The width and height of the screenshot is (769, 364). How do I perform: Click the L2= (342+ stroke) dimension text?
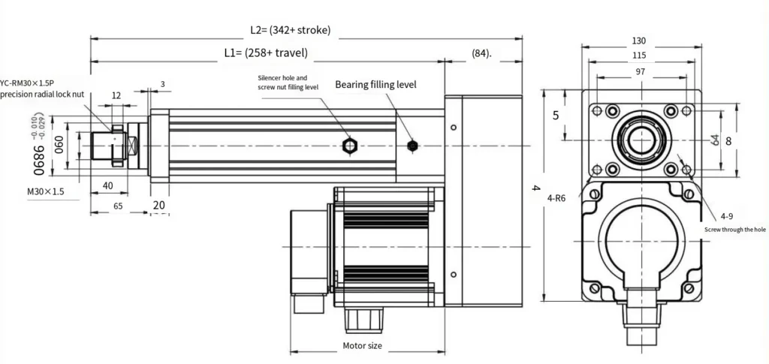click(x=290, y=30)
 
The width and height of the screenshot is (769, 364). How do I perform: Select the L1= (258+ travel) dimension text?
click(x=266, y=53)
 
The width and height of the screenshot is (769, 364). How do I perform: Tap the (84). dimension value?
click(x=481, y=53)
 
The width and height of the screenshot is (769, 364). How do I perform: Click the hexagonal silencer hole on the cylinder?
click(x=348, y=145)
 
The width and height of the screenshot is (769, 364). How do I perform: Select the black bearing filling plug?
click(x=412, y=146)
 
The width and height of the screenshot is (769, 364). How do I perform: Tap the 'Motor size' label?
click(x=362, y=346)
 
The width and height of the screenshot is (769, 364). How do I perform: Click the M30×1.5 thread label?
click(x=47, y=192)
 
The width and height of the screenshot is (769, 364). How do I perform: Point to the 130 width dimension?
click(x=639, y=41)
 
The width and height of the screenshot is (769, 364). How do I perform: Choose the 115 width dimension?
click(x=639, y=56)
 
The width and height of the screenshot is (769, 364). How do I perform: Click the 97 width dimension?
click(x=639, y=71)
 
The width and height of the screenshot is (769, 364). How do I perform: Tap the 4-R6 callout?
click(x=556, y=198)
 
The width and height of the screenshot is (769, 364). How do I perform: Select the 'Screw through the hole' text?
click(x=734, y=230)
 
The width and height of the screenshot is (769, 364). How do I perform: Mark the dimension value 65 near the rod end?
click(x=118, y=205)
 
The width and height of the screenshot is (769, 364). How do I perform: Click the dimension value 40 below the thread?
click(x=107, y=185)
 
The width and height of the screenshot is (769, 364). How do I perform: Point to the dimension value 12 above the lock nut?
click(x=116, y=95)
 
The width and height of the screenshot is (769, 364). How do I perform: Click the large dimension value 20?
click(x=158, y=206)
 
